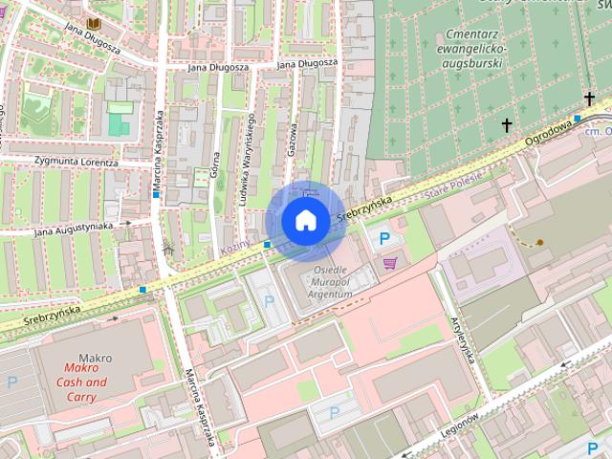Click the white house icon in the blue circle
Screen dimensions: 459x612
coord(305,221)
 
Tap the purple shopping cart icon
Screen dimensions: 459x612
coord(389,263)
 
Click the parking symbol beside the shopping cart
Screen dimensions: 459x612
coord(384,239)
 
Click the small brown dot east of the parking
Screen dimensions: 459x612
coord(540,243)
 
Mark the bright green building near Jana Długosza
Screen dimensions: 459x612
coord(119,123)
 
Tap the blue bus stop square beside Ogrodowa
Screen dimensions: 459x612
coord(578,119)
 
